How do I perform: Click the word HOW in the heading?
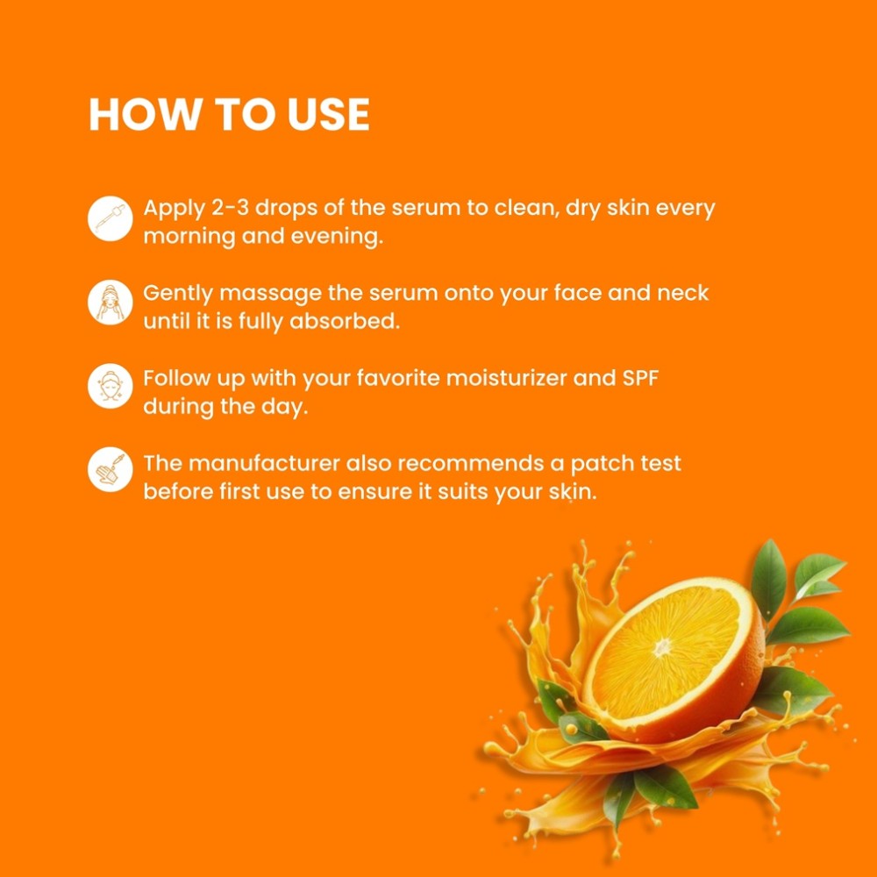(x=145, y=115)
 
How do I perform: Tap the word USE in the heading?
(x=328, y=115)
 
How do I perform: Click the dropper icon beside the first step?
(x=111, y=218)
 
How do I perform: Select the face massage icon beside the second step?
(x=111, y=303)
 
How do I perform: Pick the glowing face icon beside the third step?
(x=111, y=387)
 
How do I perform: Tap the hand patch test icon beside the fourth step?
(x=111, y=469)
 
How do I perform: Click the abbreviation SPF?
(x=640, y=378)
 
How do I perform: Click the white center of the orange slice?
(x=662, y=648)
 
